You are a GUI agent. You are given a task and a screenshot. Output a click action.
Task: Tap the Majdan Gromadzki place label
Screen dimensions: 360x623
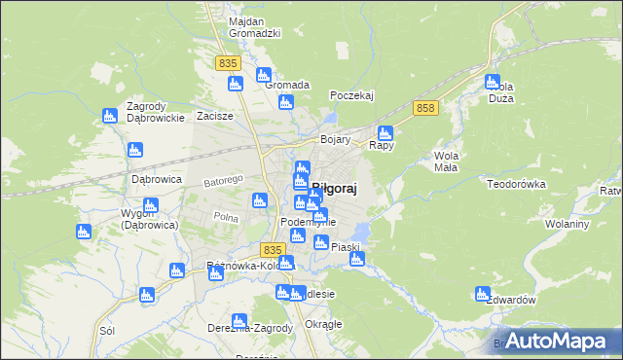click(x=254, y=27)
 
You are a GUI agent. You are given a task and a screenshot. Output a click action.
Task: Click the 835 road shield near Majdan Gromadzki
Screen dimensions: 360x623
click(x=228, y=62)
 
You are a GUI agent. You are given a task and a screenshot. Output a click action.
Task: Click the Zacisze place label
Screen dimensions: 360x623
click(x=215, y=116)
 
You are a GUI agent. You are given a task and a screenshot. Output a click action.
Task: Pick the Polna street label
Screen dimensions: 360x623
click(x=226, y=218)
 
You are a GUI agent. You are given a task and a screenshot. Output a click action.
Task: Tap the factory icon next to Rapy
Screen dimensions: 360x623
click(x=385, y=132)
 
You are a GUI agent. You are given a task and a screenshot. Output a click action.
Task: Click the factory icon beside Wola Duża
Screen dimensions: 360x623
click(x=492, y=83)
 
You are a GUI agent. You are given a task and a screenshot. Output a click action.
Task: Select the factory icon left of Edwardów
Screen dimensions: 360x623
click(x=483, y=293)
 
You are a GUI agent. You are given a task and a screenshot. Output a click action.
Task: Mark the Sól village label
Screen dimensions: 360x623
click(x=107, y=331)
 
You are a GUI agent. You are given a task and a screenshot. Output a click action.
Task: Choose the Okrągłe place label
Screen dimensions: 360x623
click(x=323, y=324)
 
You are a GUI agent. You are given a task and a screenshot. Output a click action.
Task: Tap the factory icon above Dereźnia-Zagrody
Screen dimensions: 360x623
click(x=239, y=319)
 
